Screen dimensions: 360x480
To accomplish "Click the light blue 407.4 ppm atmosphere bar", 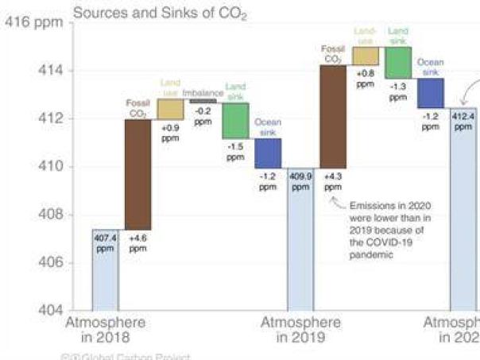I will (x=105, y=270).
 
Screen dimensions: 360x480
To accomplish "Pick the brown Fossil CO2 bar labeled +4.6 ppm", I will (x=137, y=174).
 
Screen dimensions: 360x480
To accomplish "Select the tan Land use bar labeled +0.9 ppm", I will (x=170, y=109).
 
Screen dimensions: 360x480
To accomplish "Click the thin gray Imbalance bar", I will (x=203, y=101).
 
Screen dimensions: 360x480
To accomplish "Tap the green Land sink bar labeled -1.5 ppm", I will (x=235, y=121).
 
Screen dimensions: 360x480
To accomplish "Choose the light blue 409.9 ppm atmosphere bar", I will (x=300, y=238).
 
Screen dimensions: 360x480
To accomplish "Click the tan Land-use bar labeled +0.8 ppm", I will (x=366, y=56).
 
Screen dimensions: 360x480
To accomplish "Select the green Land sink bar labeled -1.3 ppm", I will (x=398, y=62).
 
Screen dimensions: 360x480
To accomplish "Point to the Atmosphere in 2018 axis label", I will (x=105, y=330).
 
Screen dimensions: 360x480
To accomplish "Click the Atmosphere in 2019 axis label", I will (x=300, y=330).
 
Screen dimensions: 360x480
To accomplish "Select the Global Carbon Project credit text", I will (x=127, y=356).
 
